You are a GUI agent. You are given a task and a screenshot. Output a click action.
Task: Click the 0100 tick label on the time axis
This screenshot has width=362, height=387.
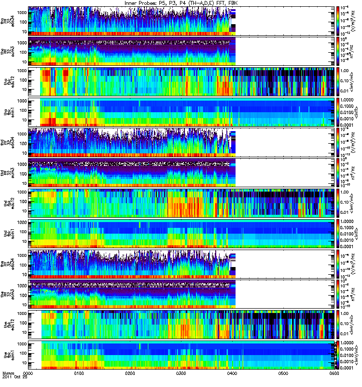(x=79, y=373)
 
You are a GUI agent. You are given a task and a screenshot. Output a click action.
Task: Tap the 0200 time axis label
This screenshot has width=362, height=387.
(x=130, y=373)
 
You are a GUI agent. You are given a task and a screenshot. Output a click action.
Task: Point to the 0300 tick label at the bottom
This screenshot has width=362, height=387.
(x=181, y=373)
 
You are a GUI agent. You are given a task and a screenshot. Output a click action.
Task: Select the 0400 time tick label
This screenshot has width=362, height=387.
(x=232, y=373)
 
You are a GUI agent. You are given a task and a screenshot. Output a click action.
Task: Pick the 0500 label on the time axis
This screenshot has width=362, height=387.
(x=283, y=373)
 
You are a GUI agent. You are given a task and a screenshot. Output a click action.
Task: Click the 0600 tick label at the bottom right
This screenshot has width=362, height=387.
(x=333, y=373)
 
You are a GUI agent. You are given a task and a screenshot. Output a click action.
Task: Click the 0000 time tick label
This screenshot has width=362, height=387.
(x=28, y=373)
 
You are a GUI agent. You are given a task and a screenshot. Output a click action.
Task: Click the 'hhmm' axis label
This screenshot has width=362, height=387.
(x=8, y=373)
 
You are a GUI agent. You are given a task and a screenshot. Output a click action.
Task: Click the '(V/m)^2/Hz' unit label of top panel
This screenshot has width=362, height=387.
(x=356, y=21)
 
